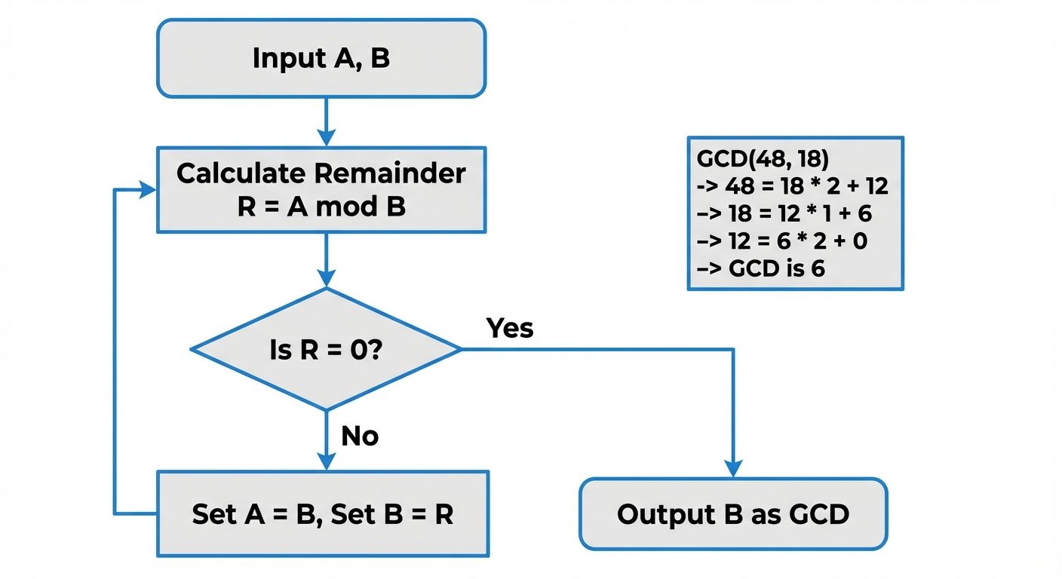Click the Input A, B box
pyautogui.click(x=321, y=59)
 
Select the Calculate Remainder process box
pyautogui.click(x=321, y=189)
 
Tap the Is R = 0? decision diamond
pyautogui.click(x=326, y=350)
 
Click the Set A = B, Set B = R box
pyautogui.click(x=322, y=514)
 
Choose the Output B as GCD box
pyautogui.click(x=732, y=514)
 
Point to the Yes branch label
pyautogui.click(x=510, y=329)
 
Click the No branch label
pyautogui.click(x=360, y=436)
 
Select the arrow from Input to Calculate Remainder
pyautogui.click(x=326, y=121)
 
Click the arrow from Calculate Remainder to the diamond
pyautogui.click(x=326, y=259)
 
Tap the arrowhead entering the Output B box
pyautogui.click(x=732, y=467)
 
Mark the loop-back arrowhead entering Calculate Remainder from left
pyautogui.click(x=146, y=190)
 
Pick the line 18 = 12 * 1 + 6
pyautogui.click(x=785, y=213)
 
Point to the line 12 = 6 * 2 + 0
pyautogui.click(x=784, y=241)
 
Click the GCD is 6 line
pyautogui.click(x=762, y=268)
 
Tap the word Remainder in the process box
pyautogui.click(x=390, y=173)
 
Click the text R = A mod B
pyautogui.click(x=321, y=206)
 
